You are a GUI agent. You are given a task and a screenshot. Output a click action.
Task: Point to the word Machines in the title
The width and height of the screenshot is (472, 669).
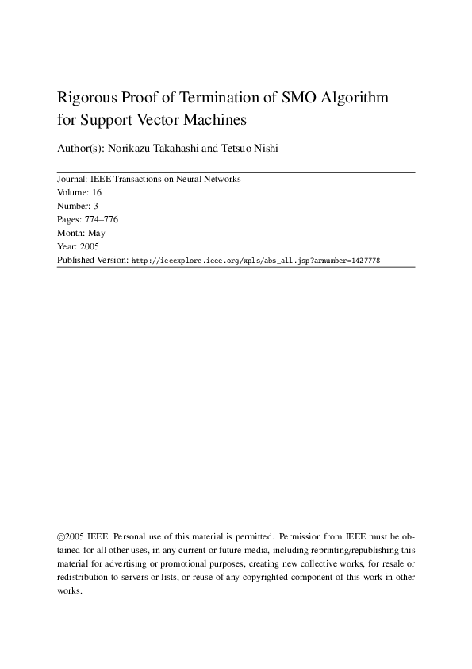(215, 121)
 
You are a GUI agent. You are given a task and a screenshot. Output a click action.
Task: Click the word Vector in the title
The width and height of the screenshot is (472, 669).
(159, 121)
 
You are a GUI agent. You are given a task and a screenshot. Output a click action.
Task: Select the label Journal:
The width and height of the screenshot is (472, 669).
(72, 180)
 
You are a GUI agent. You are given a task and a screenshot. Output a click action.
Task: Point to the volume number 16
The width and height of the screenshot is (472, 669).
(97, 193)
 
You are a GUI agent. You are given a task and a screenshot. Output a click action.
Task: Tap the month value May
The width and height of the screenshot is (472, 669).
(96, 234)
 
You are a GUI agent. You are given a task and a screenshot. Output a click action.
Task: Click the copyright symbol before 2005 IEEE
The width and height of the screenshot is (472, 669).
(62, 536)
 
